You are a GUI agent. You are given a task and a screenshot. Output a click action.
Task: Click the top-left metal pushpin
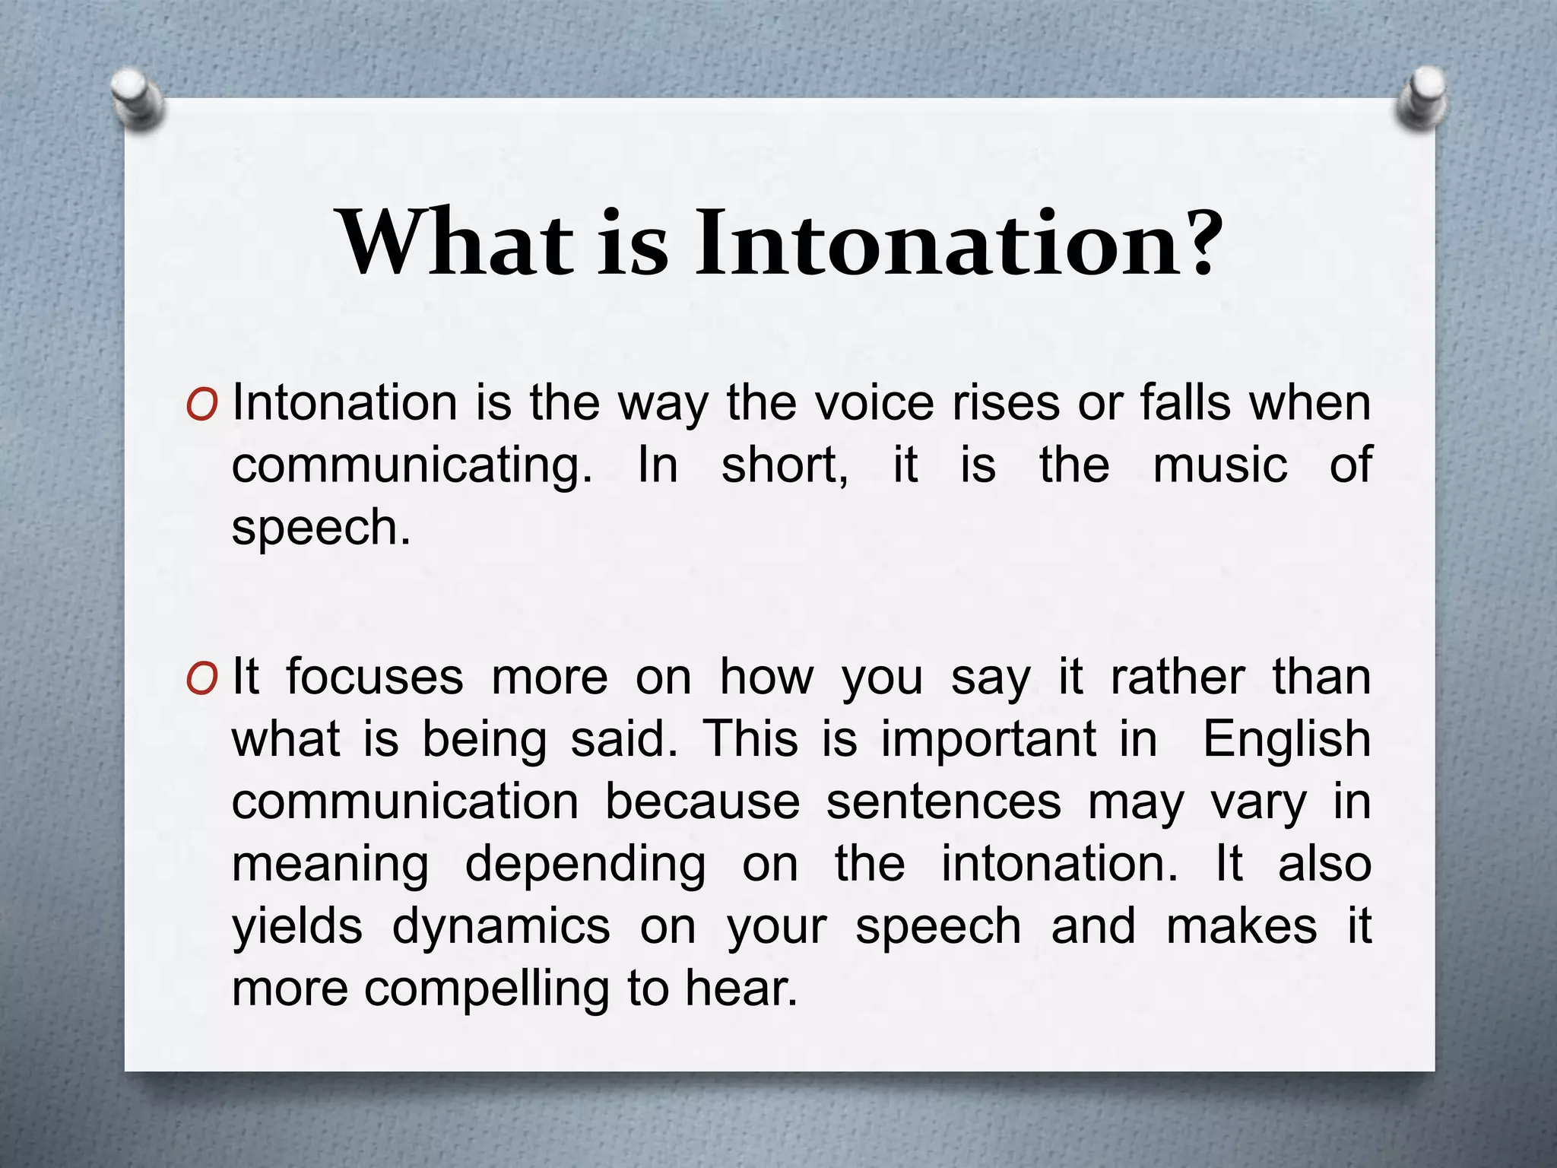tap(138, 100)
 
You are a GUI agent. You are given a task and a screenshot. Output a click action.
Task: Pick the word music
tap(1219, 465)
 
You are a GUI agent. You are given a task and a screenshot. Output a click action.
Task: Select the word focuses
tap(374, 677)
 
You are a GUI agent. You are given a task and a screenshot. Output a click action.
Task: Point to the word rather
tap(1177, 677)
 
